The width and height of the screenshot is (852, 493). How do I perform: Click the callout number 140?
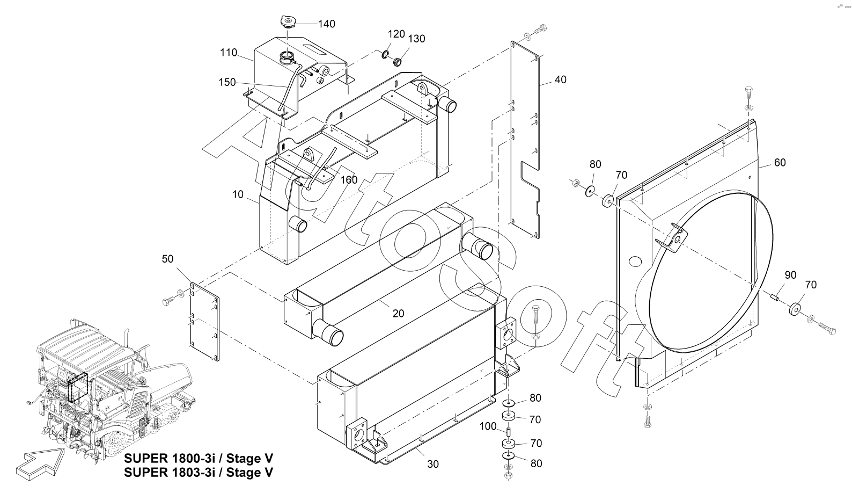(327, 24)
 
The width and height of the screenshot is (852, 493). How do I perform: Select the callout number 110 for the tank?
(228, 53)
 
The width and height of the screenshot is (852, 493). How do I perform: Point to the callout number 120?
(396, 34)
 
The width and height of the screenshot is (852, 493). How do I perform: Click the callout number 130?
(416, 39)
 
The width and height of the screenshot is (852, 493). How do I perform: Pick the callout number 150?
(227, 82)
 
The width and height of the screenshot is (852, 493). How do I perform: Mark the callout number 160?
(349, 180)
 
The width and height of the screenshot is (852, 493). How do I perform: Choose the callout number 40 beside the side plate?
(560, 79)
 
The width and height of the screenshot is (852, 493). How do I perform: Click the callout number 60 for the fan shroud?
(780, 163)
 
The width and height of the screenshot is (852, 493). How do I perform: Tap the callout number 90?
(790, 275)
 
